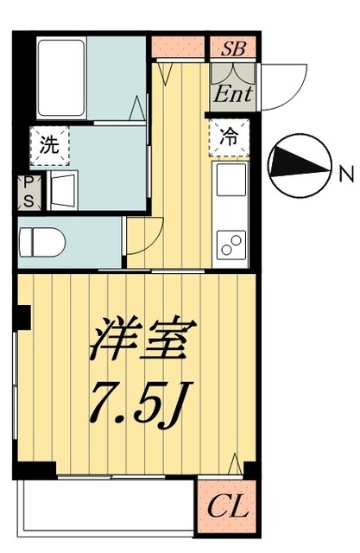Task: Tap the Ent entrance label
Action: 233,92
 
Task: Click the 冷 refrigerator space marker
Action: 229,137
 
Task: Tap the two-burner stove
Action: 231,245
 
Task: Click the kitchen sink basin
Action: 231,181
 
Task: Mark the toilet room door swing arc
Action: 144,233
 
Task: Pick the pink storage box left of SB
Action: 180,48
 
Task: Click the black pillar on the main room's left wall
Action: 25,317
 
